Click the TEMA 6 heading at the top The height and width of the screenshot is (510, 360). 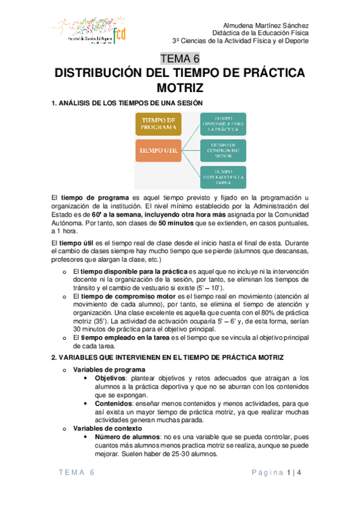pyautogui.click(x=180, y=59)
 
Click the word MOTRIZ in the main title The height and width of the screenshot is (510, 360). pyautogui.click(x=180, y=89)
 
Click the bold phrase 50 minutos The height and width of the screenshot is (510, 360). pyautogui.click(x=175, y=222)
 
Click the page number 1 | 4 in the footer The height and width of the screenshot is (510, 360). pyautogui.click(x=294, y=473)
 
